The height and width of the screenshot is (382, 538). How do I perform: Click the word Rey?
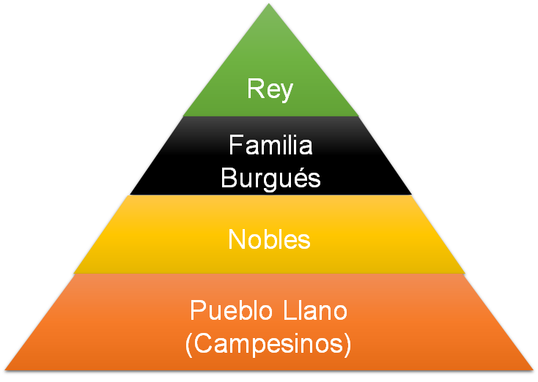click(270, 90)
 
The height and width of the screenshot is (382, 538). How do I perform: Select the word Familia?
click(270, 145)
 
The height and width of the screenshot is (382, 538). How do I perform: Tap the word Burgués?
click(270, 179)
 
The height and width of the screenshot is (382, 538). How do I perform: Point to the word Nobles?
click(270, 239)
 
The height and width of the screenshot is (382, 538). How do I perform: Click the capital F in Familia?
click(235, 145)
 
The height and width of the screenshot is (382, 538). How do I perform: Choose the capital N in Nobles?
click(237, 239)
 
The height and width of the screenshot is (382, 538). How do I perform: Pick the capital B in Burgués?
click(229, 179)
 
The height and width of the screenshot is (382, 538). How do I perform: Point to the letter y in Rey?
click(287, 93)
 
